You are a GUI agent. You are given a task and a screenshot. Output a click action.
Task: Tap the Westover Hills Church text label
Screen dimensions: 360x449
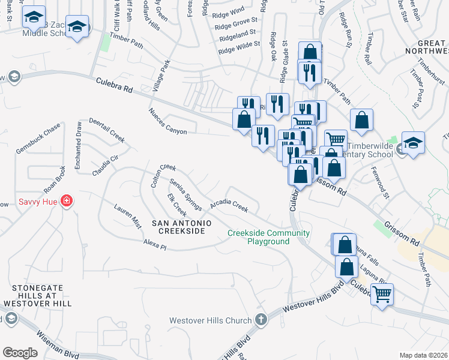(210, 320)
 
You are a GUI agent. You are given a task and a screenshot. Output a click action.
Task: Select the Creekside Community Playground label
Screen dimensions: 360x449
(268, 237)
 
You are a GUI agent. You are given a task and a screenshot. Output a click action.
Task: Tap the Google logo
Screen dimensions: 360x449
(20, 352)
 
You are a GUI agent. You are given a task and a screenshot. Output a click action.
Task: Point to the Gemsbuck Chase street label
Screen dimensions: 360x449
(38, 138)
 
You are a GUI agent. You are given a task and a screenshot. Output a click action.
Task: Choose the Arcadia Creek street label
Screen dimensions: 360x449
(229, 206)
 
